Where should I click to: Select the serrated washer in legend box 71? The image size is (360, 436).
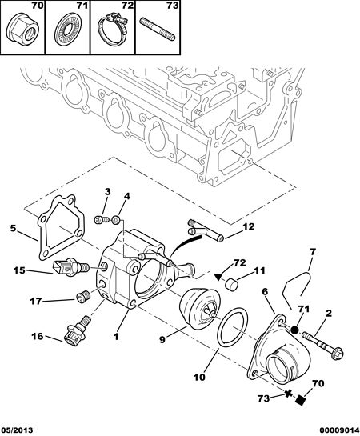coord(66,30)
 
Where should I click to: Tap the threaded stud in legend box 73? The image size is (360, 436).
coord(158,29)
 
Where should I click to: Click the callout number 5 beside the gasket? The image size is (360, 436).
coord(13,229)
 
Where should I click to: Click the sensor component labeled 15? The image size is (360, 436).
coord(70,267)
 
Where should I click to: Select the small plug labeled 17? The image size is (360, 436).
coord(82,297)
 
